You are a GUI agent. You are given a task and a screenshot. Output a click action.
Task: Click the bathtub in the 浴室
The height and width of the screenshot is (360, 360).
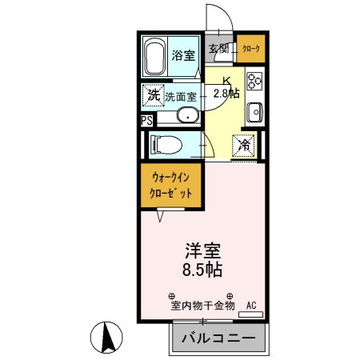pyautogui.click(x=155, y=57)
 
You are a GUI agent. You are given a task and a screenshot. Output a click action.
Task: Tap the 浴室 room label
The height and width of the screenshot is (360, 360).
pyautogui.click(x=183, y=55)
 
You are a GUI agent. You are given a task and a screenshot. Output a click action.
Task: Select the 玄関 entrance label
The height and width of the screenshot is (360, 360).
pyautogui.click(x=220, y=50)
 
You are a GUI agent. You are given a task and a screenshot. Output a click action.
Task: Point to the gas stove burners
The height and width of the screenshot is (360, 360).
pyautogui.click(x=255, y=81)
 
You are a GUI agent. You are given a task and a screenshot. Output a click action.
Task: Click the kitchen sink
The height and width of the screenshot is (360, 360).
pyautogui.click(x=255, y=111)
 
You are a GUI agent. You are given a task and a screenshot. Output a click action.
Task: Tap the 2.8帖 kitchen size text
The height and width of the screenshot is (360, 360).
pyautogui.click(x=227, y=93)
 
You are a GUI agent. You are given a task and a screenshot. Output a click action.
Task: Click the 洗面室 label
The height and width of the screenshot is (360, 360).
pyautogui.click(x=182, y=96)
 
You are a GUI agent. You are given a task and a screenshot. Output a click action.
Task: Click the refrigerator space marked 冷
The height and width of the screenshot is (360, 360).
pyautogui.click(x=243, y=146)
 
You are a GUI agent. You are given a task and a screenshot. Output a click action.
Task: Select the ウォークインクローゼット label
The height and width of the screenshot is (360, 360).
pyautogui.click(x=172, y=186)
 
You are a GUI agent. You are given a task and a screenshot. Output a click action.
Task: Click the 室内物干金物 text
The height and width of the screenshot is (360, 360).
pyautogui.click(x=202, y=305)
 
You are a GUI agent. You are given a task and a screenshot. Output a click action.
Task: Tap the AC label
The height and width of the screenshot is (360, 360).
pyautogui.click(x=251, y=305)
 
